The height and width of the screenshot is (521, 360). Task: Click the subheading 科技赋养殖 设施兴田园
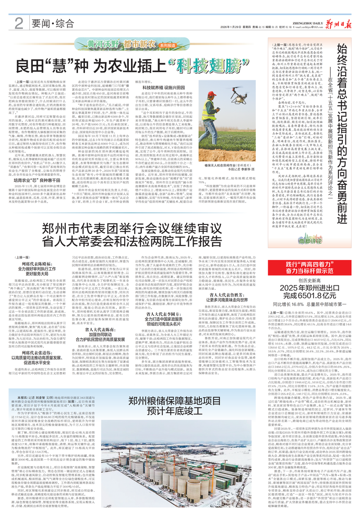pos(161,82)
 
